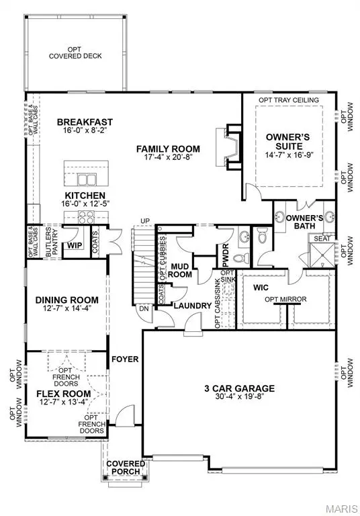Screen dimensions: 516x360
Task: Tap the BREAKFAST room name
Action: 85,122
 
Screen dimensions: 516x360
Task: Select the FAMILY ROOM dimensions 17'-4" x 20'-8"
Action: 168,159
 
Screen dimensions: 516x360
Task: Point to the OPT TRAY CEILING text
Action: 289,100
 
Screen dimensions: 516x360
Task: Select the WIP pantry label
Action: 74,246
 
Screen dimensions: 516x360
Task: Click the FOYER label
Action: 126,359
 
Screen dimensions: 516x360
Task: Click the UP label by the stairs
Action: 144,221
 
